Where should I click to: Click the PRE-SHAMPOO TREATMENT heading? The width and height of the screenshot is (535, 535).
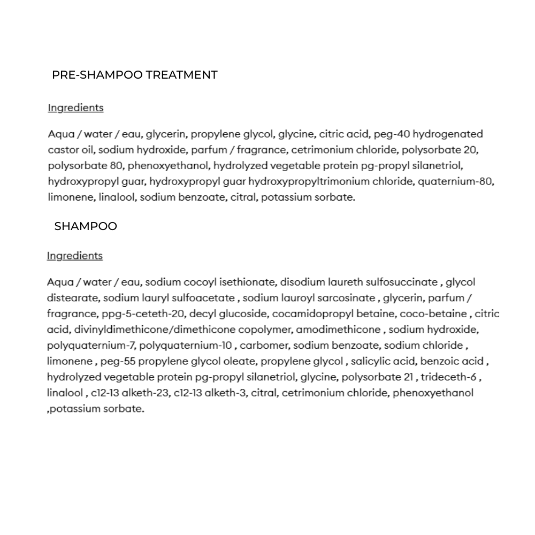pyautogui.click(x=135, y=75)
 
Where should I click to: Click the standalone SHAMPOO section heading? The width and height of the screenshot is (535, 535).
pyautogui.click(x=86, y=226)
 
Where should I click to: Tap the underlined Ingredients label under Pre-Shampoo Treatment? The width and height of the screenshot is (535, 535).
pyautogui.click(x=75, y=108)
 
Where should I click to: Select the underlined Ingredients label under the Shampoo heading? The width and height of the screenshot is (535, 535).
pyautogui.click(x=75, y=256)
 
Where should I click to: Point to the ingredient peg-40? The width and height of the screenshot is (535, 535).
pyautogui.click(x=392, y=134)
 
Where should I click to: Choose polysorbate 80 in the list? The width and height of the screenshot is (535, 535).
pyautogui.click(x=86, y=165)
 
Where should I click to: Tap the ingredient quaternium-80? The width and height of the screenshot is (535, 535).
pyautogui.click(x=455, y=181)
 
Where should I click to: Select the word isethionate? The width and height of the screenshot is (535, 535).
pyautogui.click(x=248, y=282)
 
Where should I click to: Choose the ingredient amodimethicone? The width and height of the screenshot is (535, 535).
pyautogui.click(x=339, y=330)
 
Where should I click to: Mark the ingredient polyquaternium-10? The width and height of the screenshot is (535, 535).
pyautogui.click(x=186, y=345)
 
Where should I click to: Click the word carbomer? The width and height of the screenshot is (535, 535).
pyautogui.click(x=264, y=345)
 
